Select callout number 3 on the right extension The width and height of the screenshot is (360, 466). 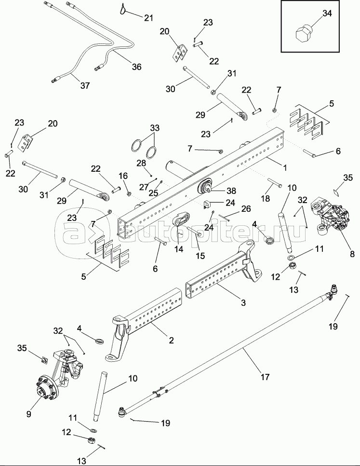click(243, 302)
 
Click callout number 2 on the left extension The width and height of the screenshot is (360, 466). click(171, 340)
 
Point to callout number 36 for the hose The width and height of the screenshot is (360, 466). click(136, 67)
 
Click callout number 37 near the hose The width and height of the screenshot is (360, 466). click(85, 85)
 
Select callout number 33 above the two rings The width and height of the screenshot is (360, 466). click(155, 128)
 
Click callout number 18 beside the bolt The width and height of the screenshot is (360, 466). click(265, 198)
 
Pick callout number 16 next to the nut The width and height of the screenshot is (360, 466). click(123, 176)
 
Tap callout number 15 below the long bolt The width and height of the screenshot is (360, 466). click(200, 256)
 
